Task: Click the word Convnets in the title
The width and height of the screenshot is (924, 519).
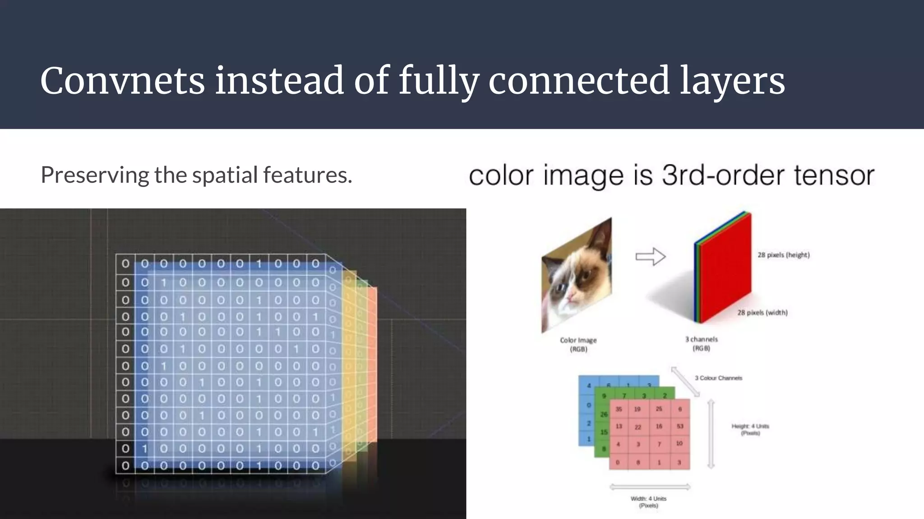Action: coord(122,81)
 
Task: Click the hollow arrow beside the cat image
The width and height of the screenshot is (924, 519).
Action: coord(650,256)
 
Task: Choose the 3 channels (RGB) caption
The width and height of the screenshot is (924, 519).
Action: coord(701,344)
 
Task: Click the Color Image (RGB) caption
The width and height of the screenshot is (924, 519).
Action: coord(578,345)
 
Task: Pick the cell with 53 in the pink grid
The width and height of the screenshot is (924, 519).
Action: coord(680,426)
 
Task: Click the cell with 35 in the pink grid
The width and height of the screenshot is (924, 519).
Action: coord(619,409)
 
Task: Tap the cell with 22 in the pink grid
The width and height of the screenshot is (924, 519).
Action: coord(638,427)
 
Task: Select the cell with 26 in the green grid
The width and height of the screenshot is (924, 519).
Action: coord(603,414)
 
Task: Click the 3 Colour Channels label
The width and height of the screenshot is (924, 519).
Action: coord(718,378)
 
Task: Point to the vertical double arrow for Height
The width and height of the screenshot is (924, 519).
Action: coord(711,434)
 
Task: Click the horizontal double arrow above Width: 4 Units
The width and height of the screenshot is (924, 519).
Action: coord(650,487)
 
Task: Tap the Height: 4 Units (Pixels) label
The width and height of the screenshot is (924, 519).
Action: coord(750,429)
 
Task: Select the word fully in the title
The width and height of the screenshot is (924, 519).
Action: coord(438,81)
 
